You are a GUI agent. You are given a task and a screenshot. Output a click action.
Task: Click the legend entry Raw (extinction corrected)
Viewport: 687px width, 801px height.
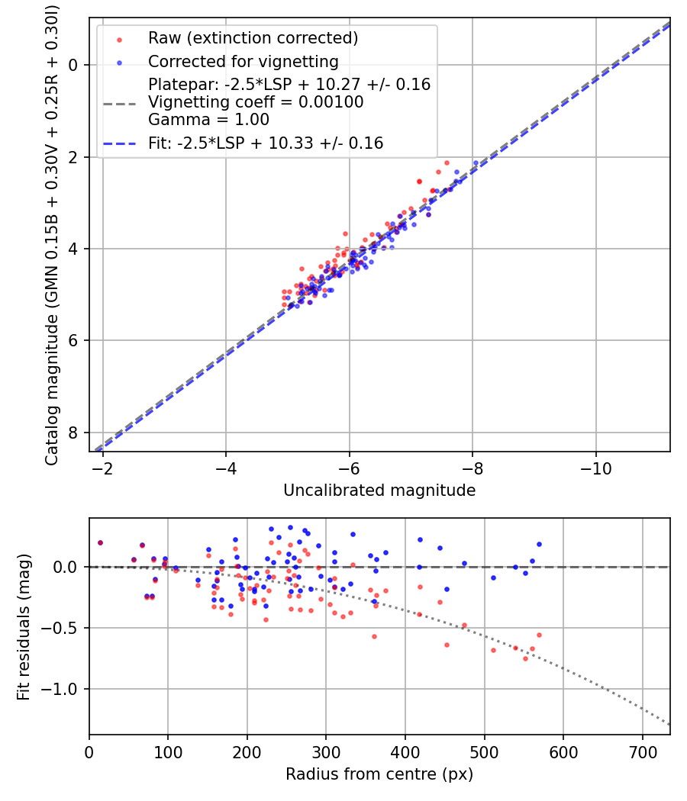(253, 38)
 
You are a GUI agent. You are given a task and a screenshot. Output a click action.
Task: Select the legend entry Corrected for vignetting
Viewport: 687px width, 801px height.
(243, 61)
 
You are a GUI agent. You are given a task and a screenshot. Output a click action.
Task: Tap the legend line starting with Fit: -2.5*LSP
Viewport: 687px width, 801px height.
(266, 143)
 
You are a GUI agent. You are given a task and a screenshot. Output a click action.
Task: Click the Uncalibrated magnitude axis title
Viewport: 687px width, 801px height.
(379, 491)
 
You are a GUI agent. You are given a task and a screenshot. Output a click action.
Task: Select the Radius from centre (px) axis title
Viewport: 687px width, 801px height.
(379, 774)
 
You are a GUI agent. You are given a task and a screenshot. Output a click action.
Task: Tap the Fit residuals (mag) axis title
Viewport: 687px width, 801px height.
(24, 626)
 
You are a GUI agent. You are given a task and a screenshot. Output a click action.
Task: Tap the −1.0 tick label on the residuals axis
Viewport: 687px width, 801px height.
(63, 690)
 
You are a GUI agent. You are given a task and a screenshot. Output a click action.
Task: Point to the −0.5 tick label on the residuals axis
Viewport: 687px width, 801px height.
(63, 628)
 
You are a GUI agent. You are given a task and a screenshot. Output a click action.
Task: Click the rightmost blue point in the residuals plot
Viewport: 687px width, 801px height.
(539, 544)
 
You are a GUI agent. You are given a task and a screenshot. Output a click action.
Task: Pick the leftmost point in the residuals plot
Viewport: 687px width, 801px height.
(100, 542)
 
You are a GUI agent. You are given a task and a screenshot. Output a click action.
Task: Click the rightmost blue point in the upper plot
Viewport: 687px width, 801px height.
(476, 163)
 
